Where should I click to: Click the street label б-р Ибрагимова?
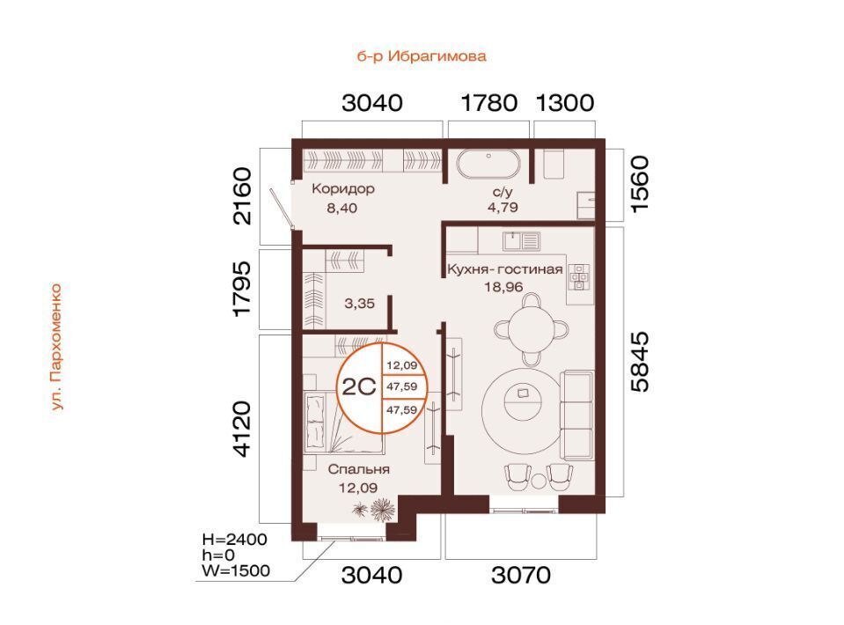(422, 56)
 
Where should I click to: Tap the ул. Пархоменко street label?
(56, 347)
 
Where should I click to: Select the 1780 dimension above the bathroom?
(489, 102)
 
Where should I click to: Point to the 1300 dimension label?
(565, 102)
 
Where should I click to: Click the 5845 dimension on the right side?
(640, 362)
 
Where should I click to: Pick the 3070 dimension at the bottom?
(521, 575)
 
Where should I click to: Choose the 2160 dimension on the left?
(243, 196)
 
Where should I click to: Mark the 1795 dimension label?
(243, 288)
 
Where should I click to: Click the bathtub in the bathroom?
(488, 164)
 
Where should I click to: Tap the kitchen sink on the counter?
(521, 241)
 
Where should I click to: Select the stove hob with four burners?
(580, 276)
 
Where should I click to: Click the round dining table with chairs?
(532, 327)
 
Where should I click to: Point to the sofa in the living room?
(577, 415)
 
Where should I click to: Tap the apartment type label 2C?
(359, 386)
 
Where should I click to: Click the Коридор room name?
(343, 189)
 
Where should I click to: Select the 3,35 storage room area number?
(359, 304)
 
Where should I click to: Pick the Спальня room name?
(358, 470)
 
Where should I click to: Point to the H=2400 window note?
(235, 539)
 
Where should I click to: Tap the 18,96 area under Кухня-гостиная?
(503, 287)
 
